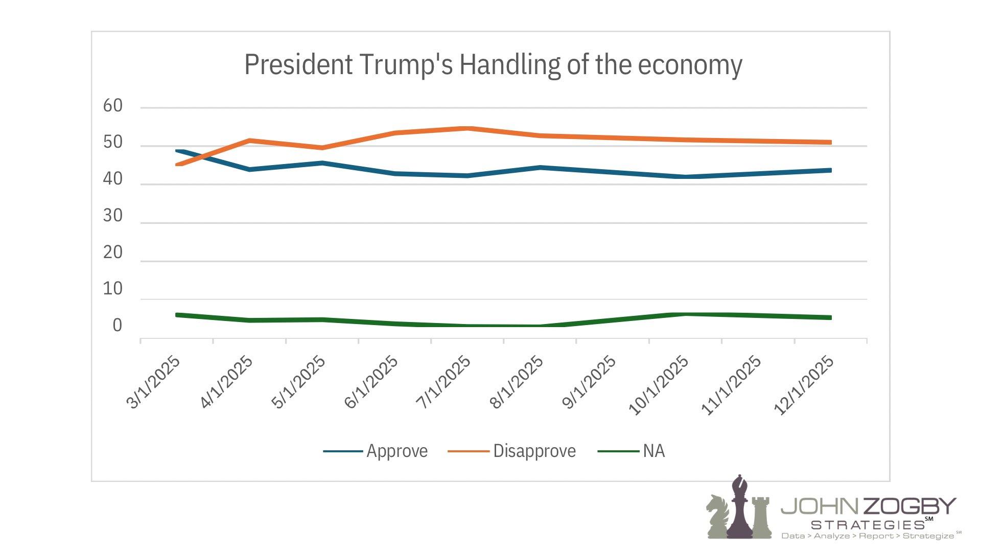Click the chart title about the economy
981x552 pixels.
pos(493,65)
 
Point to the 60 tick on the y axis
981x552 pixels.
pos(113,106)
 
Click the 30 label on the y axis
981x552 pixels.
pos(113,216)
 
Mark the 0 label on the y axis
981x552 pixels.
pos(118,326)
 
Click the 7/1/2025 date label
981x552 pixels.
pos(444,382)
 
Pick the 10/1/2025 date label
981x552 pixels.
pos(659,385)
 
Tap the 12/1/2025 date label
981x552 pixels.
pos(804,385)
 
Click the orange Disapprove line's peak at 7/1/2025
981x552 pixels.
pos(468,128)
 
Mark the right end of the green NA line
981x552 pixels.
pos(830,317)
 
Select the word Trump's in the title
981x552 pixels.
pos(406,65)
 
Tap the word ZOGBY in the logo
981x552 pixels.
pos(909,506)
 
